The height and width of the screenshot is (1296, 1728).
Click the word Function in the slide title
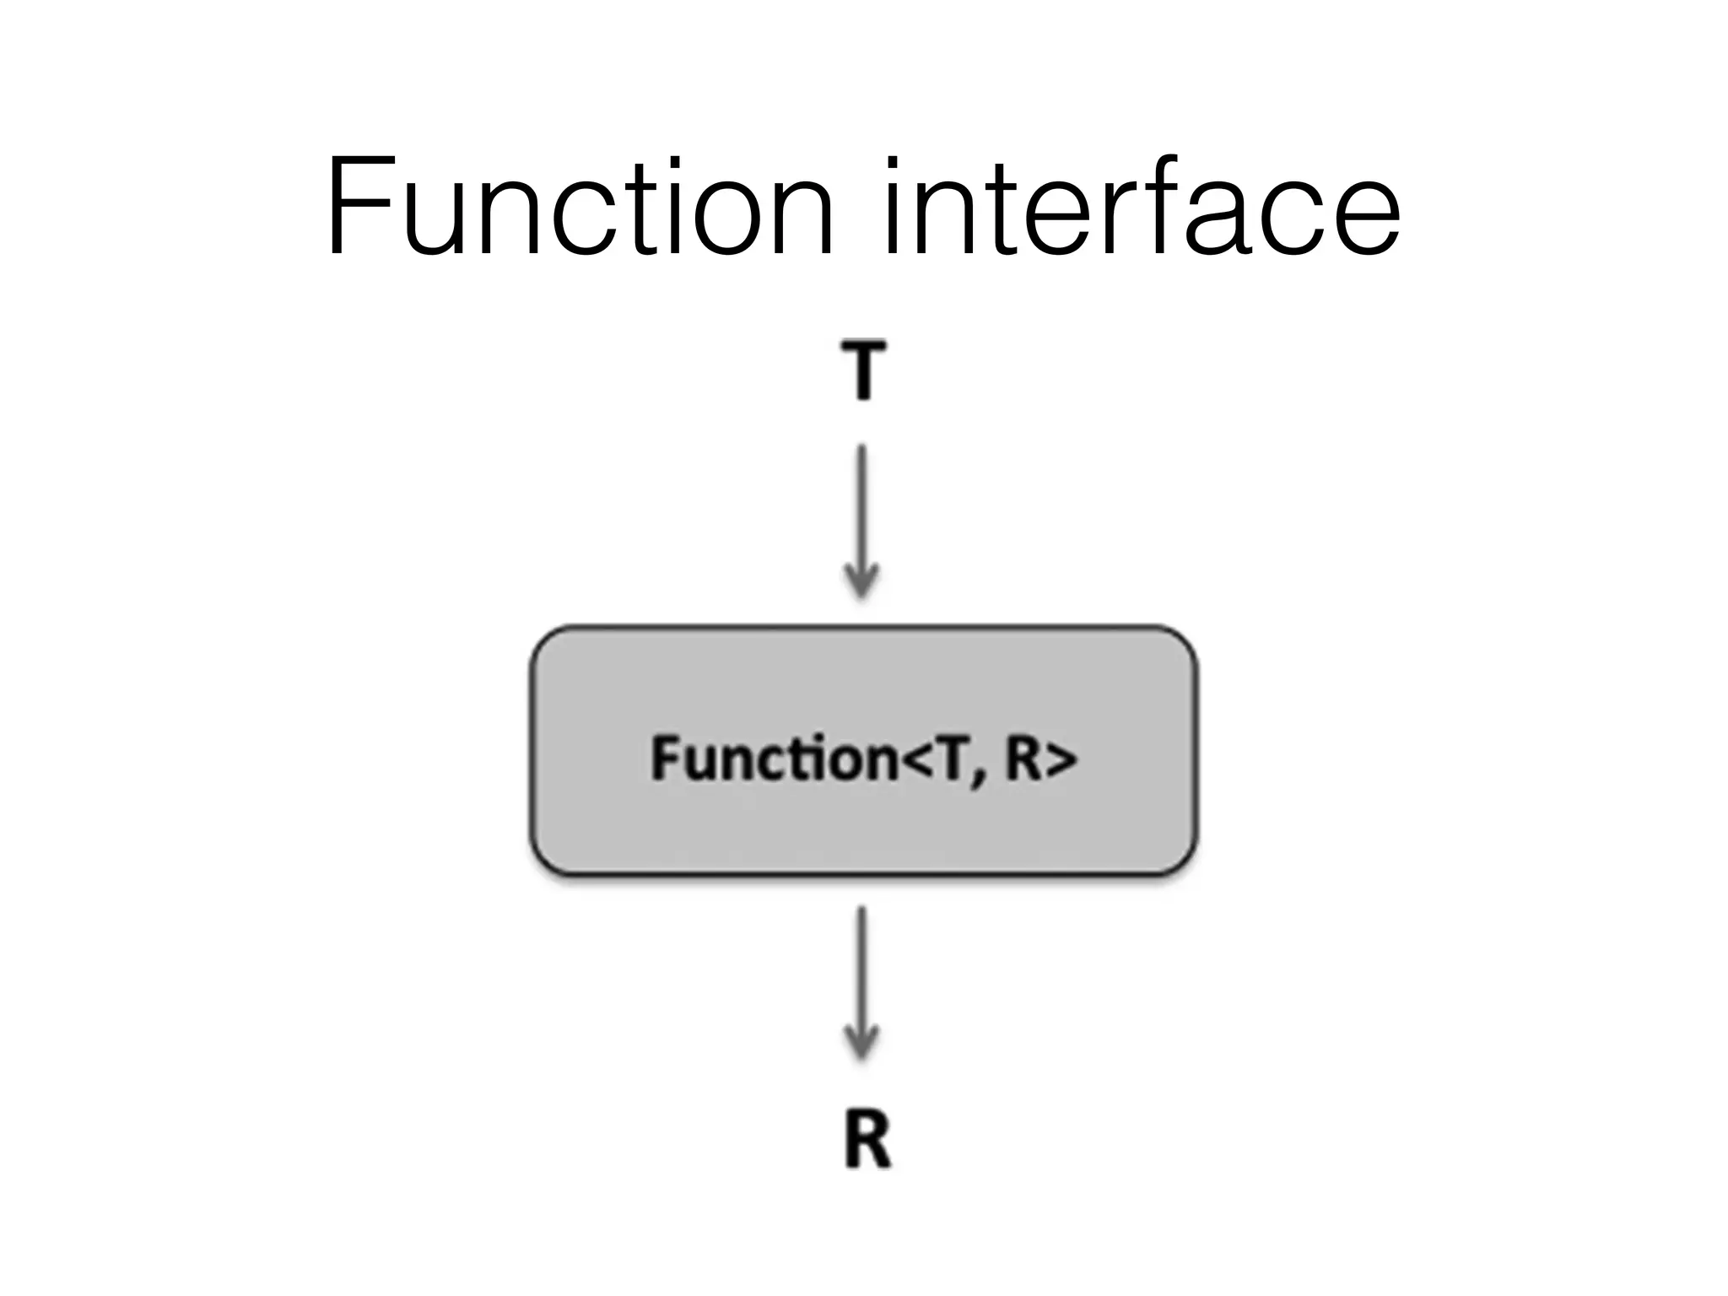[x=579, y=207]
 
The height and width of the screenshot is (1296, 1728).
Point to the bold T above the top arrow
[x=863, y=370]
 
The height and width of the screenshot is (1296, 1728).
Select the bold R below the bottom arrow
[x=867, y=1140]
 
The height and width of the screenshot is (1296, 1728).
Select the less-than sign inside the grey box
[x=916, y=759]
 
